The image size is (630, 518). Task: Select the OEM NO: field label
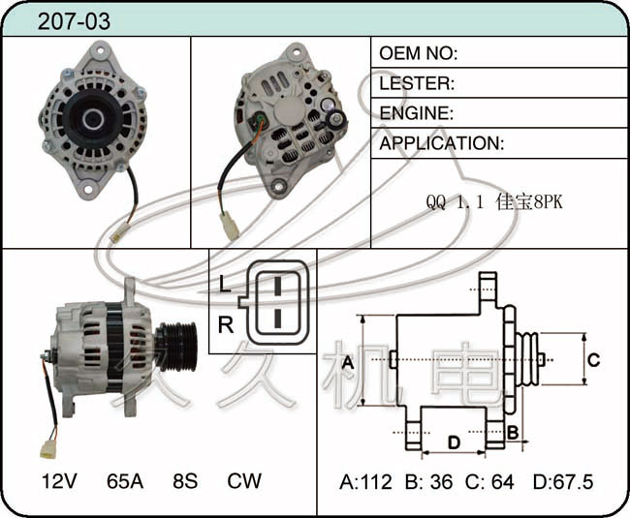[418, 53]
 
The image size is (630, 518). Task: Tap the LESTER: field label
[417, 83]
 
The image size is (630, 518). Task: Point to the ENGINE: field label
[416, 113]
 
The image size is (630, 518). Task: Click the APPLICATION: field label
[441, 143]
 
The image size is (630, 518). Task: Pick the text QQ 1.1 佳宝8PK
[493, 204]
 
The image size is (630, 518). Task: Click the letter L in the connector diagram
[225, 285]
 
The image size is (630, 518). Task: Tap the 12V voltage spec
[60, 480]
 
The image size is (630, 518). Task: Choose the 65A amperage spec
[125, 480]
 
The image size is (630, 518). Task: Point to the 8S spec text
[184, 480]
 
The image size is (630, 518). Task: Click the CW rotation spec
[244, 480]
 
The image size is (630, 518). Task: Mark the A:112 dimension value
[366, 481]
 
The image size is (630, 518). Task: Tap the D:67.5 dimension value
[562, 481]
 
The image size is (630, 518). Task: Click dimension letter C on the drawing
[595, 360]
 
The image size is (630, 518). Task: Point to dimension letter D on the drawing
[453, 442]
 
